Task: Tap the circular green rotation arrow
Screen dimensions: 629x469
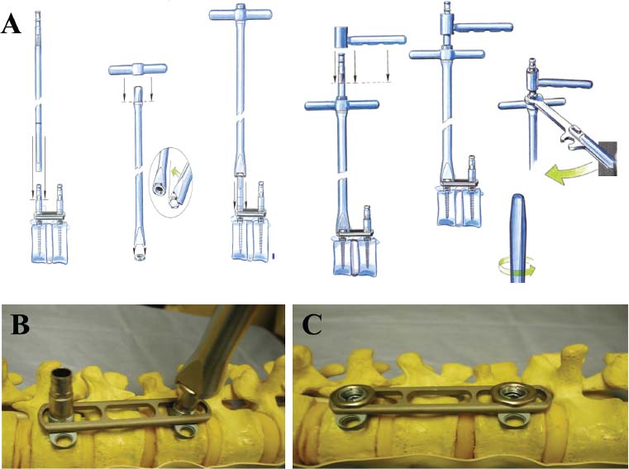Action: coord(517,266)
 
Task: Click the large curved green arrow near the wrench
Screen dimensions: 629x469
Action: coord(569,174)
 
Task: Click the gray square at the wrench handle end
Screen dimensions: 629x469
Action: coord(608,158)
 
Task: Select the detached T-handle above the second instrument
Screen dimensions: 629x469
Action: coord(137,69)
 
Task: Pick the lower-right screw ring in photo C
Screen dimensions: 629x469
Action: coord(512,421)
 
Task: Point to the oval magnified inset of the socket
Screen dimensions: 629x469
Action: coord(171,182)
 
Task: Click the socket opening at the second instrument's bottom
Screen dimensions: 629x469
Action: coord(140,257)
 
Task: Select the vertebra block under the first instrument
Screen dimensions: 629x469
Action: coord(50,243)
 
